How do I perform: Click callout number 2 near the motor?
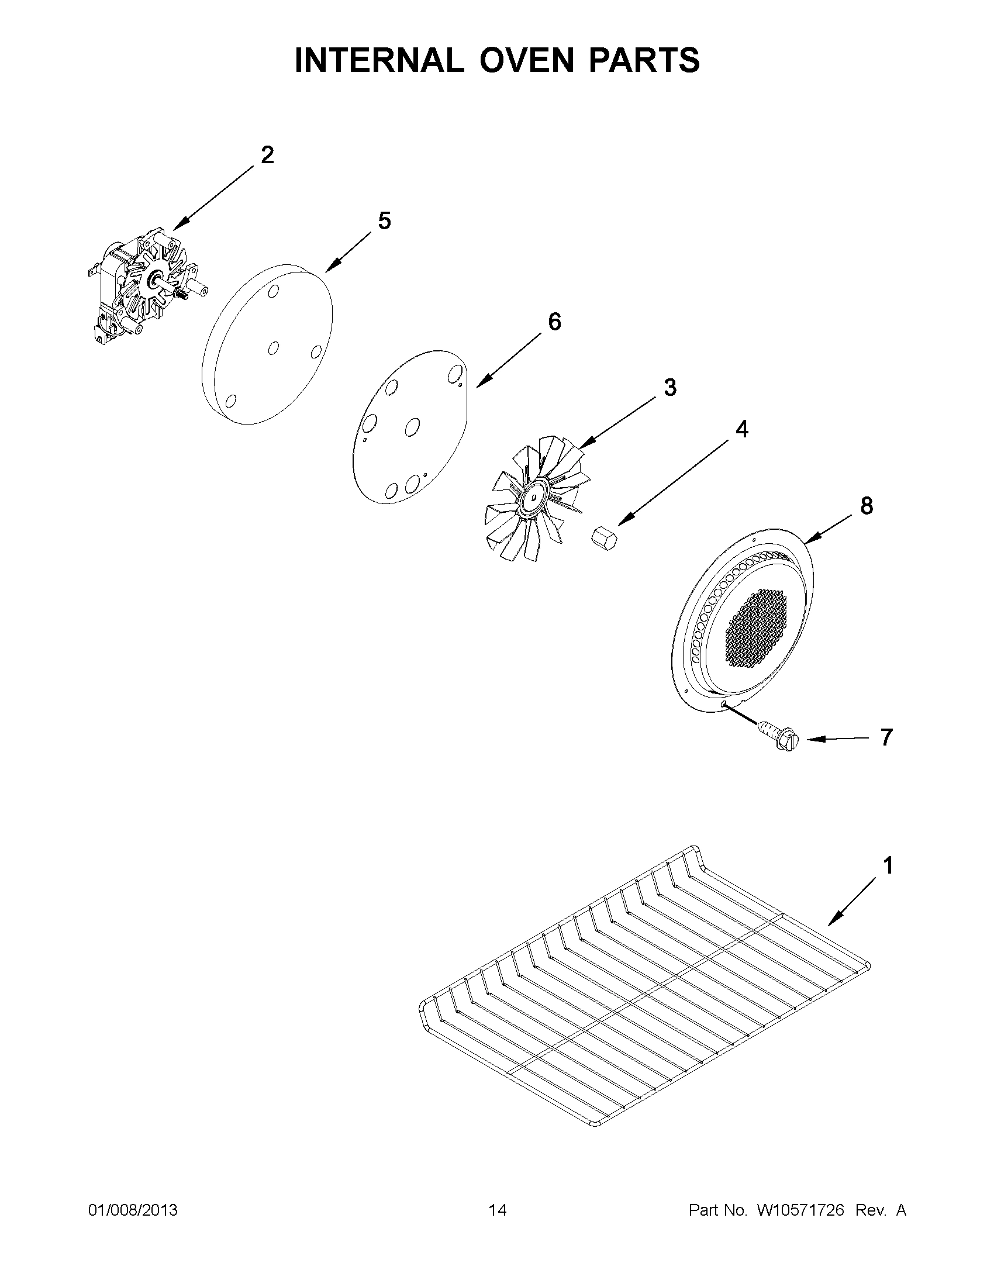point(267,156)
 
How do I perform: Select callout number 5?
point(384,222)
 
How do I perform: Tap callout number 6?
point(554,322)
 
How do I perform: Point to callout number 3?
point(670,388)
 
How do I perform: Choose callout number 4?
point(742,430)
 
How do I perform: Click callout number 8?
point(866,506)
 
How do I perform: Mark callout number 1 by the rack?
point(888,865)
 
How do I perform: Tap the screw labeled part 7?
point(778,734)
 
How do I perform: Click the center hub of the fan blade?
point(533,496)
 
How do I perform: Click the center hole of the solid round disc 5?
point(273,349)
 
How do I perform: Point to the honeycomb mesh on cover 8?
point(757,628)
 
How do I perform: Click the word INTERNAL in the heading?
point(379,60)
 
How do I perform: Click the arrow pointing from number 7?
point(837,739)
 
